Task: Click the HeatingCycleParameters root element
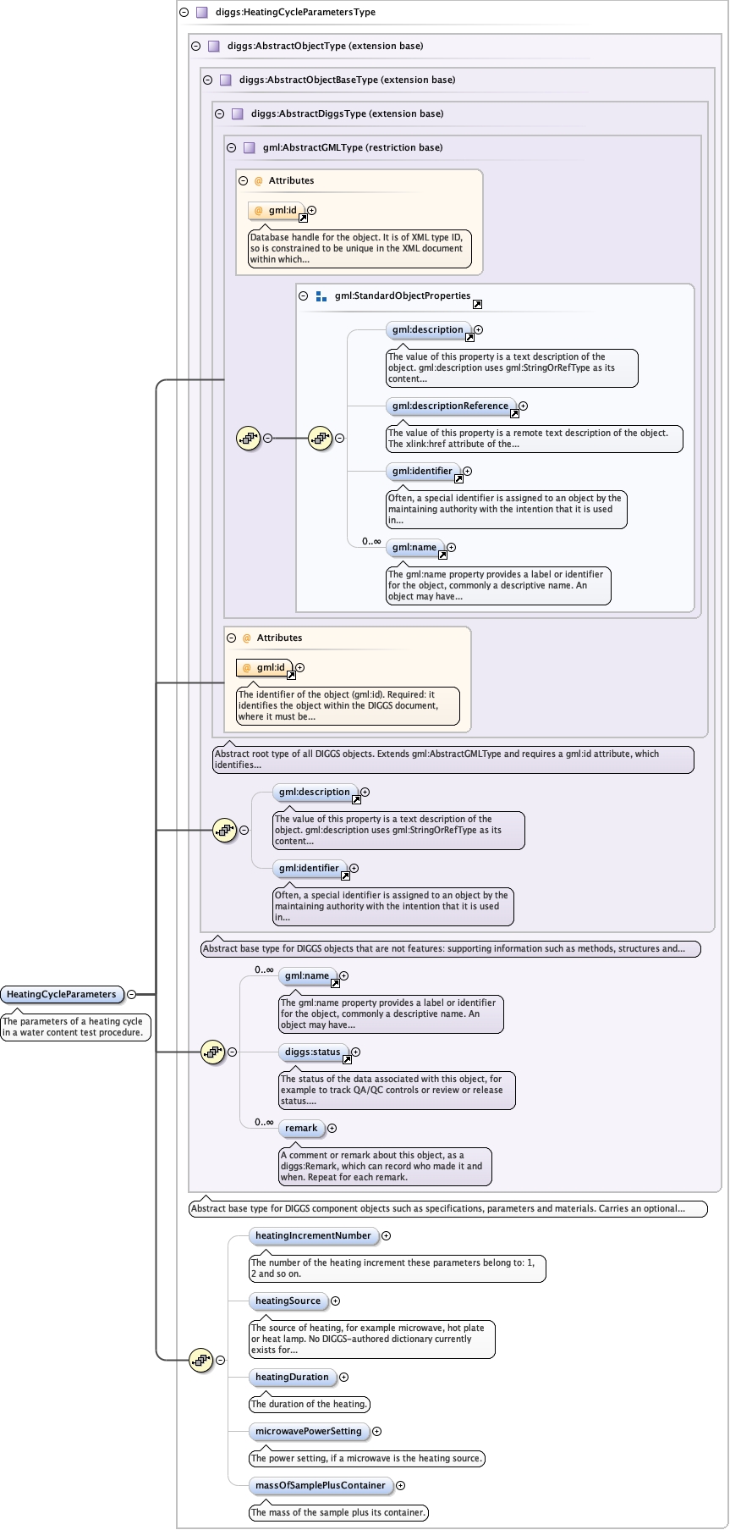pyautogui.click(x=62, y=994)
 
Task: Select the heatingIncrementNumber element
pyautogui.click(x=313, y=1236)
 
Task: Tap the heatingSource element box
pyautogui.click(x=288, y=1301)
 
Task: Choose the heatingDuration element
pyautogui.click(x=292, y=1378)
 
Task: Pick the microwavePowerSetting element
pyautogui.click(x=309, y=1432)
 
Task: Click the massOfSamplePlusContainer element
pyautogui.click(x=321, y=1486)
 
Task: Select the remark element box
pyautogui.click(x=301, y=1129)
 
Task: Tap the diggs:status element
pyautogui.click(x=313, y=1052)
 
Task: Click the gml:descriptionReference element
pyautogui.click(x=451, y=406)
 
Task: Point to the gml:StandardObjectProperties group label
pyautogui.click(x=403, y=296)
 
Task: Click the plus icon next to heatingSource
pyautogui.click(x=336, y=1301)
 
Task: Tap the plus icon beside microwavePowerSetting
pyautogui.click(x=377, y=1432)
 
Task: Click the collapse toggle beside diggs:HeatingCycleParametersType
pyautogui.click(x=184, y=13)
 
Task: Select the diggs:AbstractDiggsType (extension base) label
pyautogui.click(x=348, y=113)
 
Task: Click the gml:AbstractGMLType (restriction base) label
pyautogui.click(x=353, y=147)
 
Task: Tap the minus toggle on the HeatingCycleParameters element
pyautogui.click(x=131, y=995)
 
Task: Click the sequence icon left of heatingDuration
pyautogui.click(x=200, y=1361)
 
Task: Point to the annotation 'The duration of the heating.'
pyautogui.click(x=310, y=1405)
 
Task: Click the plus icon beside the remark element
pyautogui.click(x=332, y=1129)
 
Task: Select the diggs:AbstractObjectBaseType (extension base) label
pyautogui.click(x=348, y=80)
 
